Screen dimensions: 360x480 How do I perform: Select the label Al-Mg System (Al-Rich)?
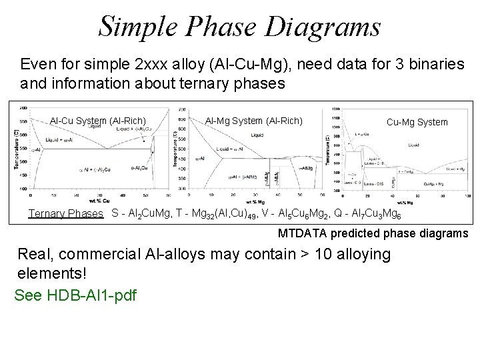point(253,121)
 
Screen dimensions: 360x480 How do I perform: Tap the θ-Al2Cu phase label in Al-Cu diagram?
point(138,168)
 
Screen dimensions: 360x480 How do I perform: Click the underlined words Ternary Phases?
point(65,214)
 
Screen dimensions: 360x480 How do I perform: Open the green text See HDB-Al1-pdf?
point(75,295)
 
